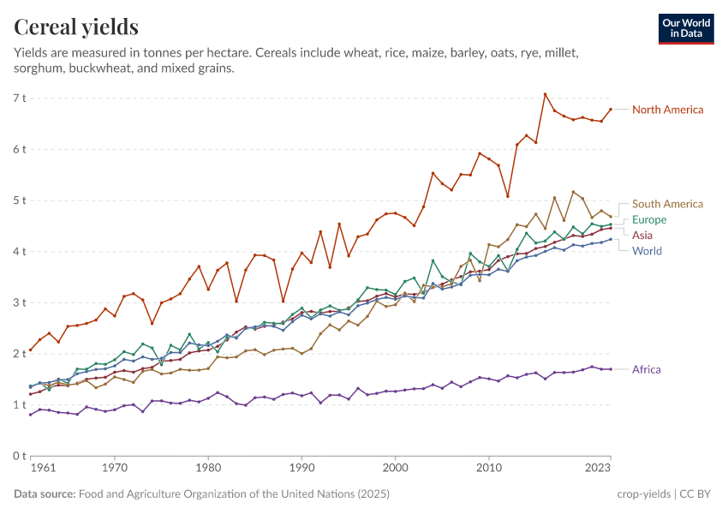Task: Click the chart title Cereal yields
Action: point(76,27)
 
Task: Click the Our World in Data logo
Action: point(685,28)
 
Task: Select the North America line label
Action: point(667,110)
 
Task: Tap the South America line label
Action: point(667,204)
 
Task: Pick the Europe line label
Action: point(649,220)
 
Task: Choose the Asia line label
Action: point(642,235)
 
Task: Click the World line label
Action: point(647,251)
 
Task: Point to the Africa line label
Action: point(646,370)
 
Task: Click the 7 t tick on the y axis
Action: point(20,98)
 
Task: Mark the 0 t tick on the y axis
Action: point(20,456)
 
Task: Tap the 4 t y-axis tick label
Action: point(20,251)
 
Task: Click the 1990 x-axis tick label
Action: point(301,469)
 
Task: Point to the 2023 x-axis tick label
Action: point(598,469)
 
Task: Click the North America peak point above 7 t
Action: point(545,94)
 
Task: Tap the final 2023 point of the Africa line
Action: point(610,369)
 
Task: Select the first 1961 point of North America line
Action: point(31,350)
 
